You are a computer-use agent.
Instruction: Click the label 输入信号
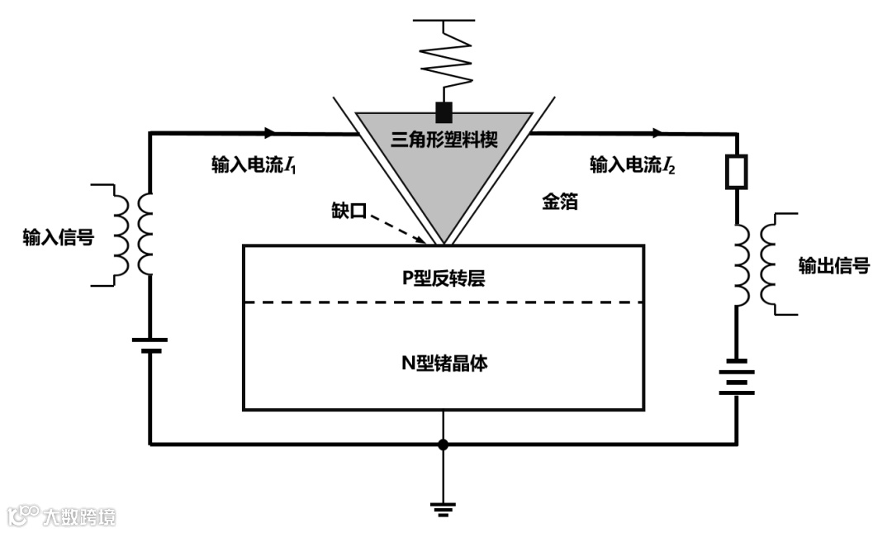click(58, 239)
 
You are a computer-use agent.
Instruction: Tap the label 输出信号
click(833, 265)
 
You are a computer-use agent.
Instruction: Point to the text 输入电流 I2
click(632, 165)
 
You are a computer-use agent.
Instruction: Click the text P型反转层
click(444, 278)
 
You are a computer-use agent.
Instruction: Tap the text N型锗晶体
click(444, 363)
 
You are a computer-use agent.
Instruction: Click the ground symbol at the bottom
click(444, 507)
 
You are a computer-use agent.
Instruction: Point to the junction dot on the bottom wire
click(444, 445)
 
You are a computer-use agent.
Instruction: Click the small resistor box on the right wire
click(736, 171)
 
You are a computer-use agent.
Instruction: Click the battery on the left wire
click(149, 345)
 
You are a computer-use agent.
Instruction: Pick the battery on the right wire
click(736, 377)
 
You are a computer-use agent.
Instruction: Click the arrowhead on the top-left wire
click(269, 132)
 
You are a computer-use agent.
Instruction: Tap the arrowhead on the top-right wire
click(657, 132)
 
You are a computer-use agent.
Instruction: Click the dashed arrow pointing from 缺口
click(396, 226)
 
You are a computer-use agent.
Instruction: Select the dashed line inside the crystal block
click(444, 302)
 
